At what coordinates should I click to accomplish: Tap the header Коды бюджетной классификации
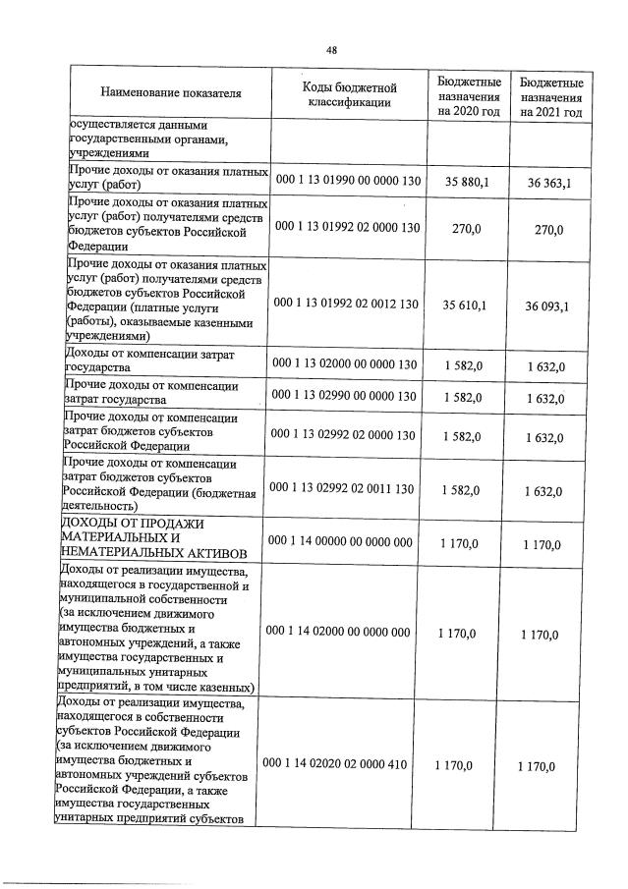(348, 94)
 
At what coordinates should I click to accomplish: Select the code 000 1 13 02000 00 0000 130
(345, 364)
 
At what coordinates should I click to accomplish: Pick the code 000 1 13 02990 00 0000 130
(345, 396)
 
